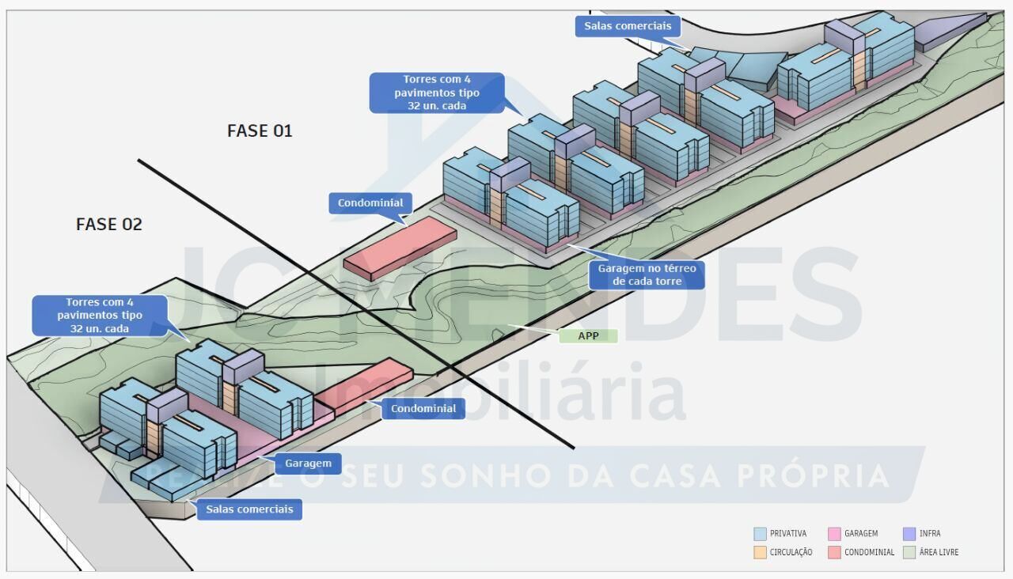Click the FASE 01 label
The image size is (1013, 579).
[260, 131]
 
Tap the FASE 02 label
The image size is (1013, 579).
[109, 225]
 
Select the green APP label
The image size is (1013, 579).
[588, 335]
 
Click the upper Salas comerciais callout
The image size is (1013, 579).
[628, 26]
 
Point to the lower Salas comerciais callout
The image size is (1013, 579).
[249, 509]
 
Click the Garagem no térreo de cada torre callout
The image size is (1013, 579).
[646, 274]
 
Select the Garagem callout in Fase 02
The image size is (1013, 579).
[308, 464]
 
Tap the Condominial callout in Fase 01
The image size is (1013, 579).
[370, 203]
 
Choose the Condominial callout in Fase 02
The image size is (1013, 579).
[423, 409]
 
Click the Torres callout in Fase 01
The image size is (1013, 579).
[437, 93]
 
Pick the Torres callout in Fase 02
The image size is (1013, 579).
[100, 315]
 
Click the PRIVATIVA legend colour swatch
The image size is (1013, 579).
[761, 534]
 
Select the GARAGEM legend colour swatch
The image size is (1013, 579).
[834, 534]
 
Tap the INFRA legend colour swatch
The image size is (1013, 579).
[909, 534]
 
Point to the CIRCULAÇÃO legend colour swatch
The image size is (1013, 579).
[761, 552]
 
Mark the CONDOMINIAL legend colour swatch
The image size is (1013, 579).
[834, 552]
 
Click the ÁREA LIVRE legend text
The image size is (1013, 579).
[939, 552]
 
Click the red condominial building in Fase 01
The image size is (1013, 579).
[400, 247]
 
